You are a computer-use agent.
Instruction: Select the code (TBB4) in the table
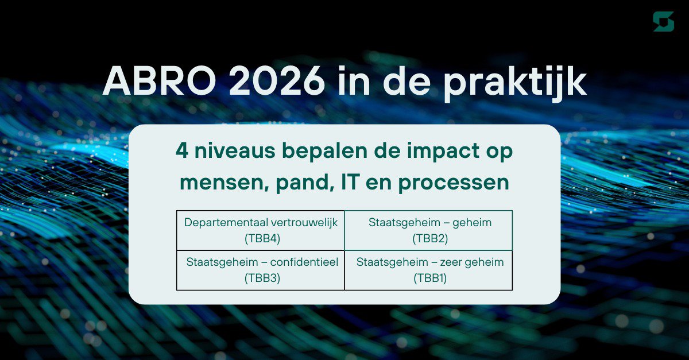pyautogui.click(x=261, y=238)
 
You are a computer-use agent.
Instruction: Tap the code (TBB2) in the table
pyautogui.click(x=429, y=238)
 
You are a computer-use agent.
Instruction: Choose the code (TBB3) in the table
pyautogui.click(x=261, y=278)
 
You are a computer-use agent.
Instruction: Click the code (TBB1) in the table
pyautogui.click(x=429, y=278)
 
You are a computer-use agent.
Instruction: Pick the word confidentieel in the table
pyautogui.click(x=304, y=262)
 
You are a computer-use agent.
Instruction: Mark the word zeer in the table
pyautogui.click(x=452, y=262)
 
